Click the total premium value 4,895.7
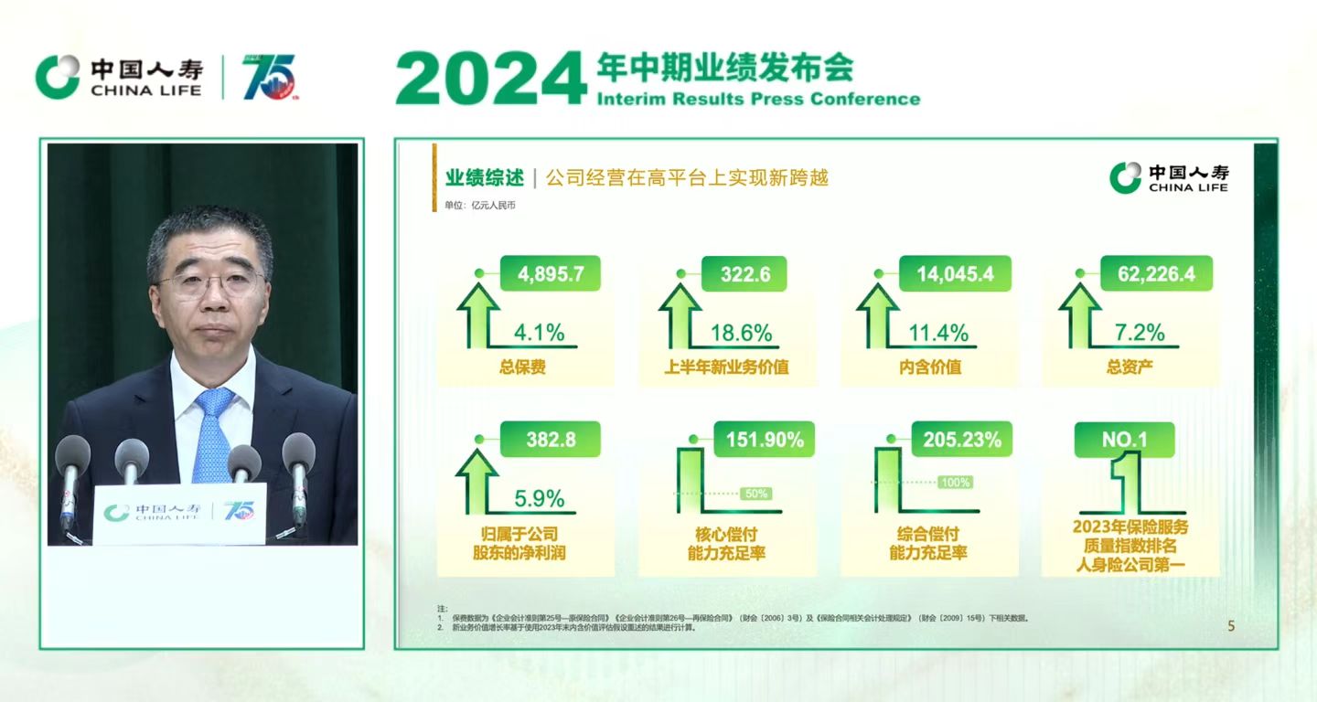coord(551,274)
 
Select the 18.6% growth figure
coord(741,333)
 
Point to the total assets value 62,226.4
coord(1156,274)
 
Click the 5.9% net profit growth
coord(540,499)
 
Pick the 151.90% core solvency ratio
coord(765,440)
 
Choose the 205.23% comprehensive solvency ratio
coord(962,440)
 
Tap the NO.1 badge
coord(1124,440)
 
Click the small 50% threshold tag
coord(756,494)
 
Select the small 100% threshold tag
coord(955,482)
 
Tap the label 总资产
coord(1130,368)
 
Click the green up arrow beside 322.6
coord(680,314)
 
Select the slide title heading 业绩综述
coord(485,177)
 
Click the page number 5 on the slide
coord(1231,626)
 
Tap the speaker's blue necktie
coord(212,434)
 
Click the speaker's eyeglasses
coord(209,282)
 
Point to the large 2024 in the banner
coord(490,79)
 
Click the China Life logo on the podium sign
coord(117,513)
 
